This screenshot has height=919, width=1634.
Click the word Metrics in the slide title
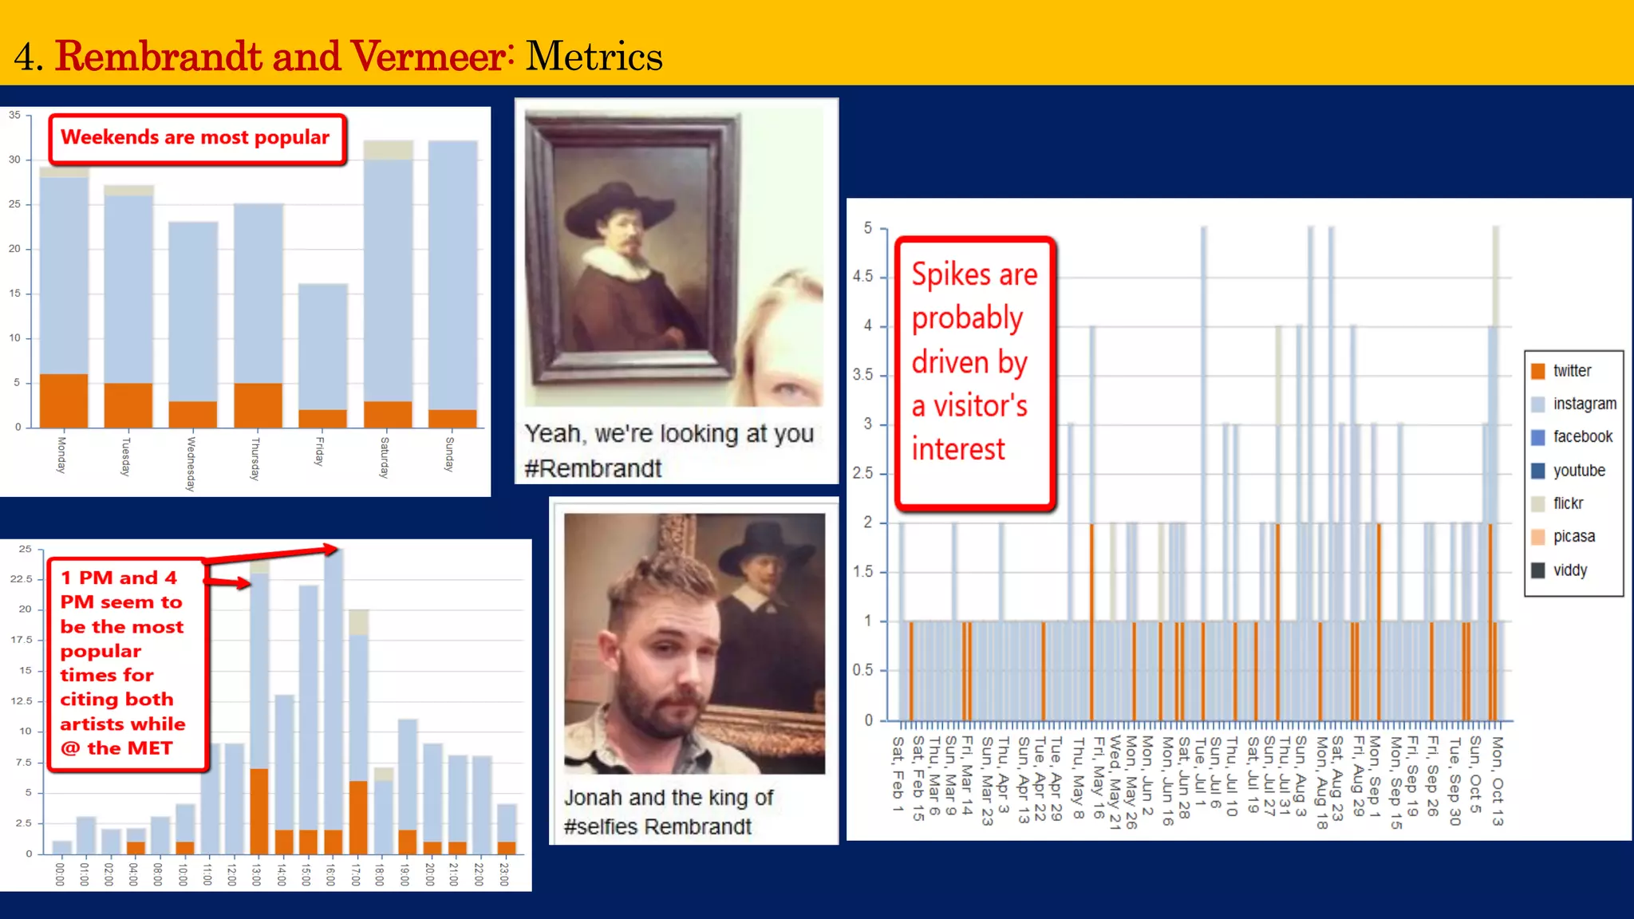(x=594, y=57)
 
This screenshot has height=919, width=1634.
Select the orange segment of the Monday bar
(x=64, y=400)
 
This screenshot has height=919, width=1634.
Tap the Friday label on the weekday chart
(x=319, y=452)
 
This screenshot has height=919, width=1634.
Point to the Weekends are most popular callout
(x=196, y=139)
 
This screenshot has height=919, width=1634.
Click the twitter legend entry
(x=1571, y=371)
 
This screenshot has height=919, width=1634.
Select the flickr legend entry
(x=1567, y=503)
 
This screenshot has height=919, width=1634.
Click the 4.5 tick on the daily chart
(x=862, y=277)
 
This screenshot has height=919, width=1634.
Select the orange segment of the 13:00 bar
(x=259, y=811)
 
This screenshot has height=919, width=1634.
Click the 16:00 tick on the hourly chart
(x=330, y=874)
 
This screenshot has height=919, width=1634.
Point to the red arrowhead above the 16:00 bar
(x=331, y=549)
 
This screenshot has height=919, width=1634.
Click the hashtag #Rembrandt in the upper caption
(x=593, y=469)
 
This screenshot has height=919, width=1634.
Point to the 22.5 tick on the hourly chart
(x=22, y=579)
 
